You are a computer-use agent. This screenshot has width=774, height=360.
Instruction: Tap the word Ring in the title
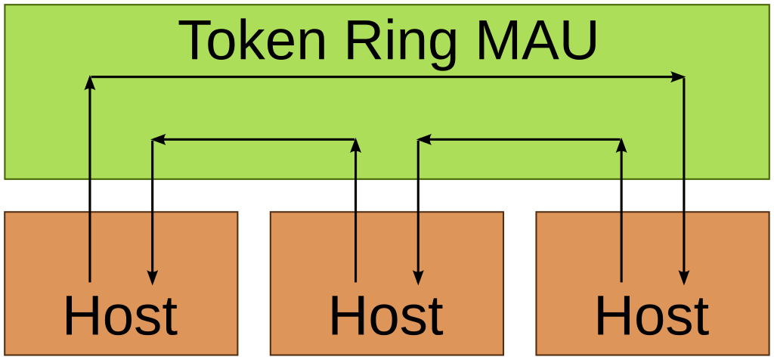point(401,42)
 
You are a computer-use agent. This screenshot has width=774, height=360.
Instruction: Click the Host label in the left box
point(120,316)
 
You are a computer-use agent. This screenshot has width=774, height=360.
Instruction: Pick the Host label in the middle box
point(386,316)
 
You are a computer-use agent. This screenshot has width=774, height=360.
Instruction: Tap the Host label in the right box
point(652,316)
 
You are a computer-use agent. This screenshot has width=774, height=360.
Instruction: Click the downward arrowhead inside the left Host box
point(153,278)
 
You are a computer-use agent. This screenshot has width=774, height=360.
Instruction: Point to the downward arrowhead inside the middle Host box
point(418,278)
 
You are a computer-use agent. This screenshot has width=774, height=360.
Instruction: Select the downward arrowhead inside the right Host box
point(684,278)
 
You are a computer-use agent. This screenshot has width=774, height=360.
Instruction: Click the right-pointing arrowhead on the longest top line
point(678,76)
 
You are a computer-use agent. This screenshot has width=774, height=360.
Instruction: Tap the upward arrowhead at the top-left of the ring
point(90,82)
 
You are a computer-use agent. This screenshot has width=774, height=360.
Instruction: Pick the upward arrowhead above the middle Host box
point(355,145)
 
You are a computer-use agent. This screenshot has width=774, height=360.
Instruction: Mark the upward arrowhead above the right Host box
point(621,145)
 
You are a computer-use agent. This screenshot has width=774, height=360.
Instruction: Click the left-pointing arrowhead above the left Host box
point(159,139)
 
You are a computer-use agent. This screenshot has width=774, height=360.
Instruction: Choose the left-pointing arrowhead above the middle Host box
point(424,139)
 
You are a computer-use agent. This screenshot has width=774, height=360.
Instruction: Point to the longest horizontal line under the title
point(378,76)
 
